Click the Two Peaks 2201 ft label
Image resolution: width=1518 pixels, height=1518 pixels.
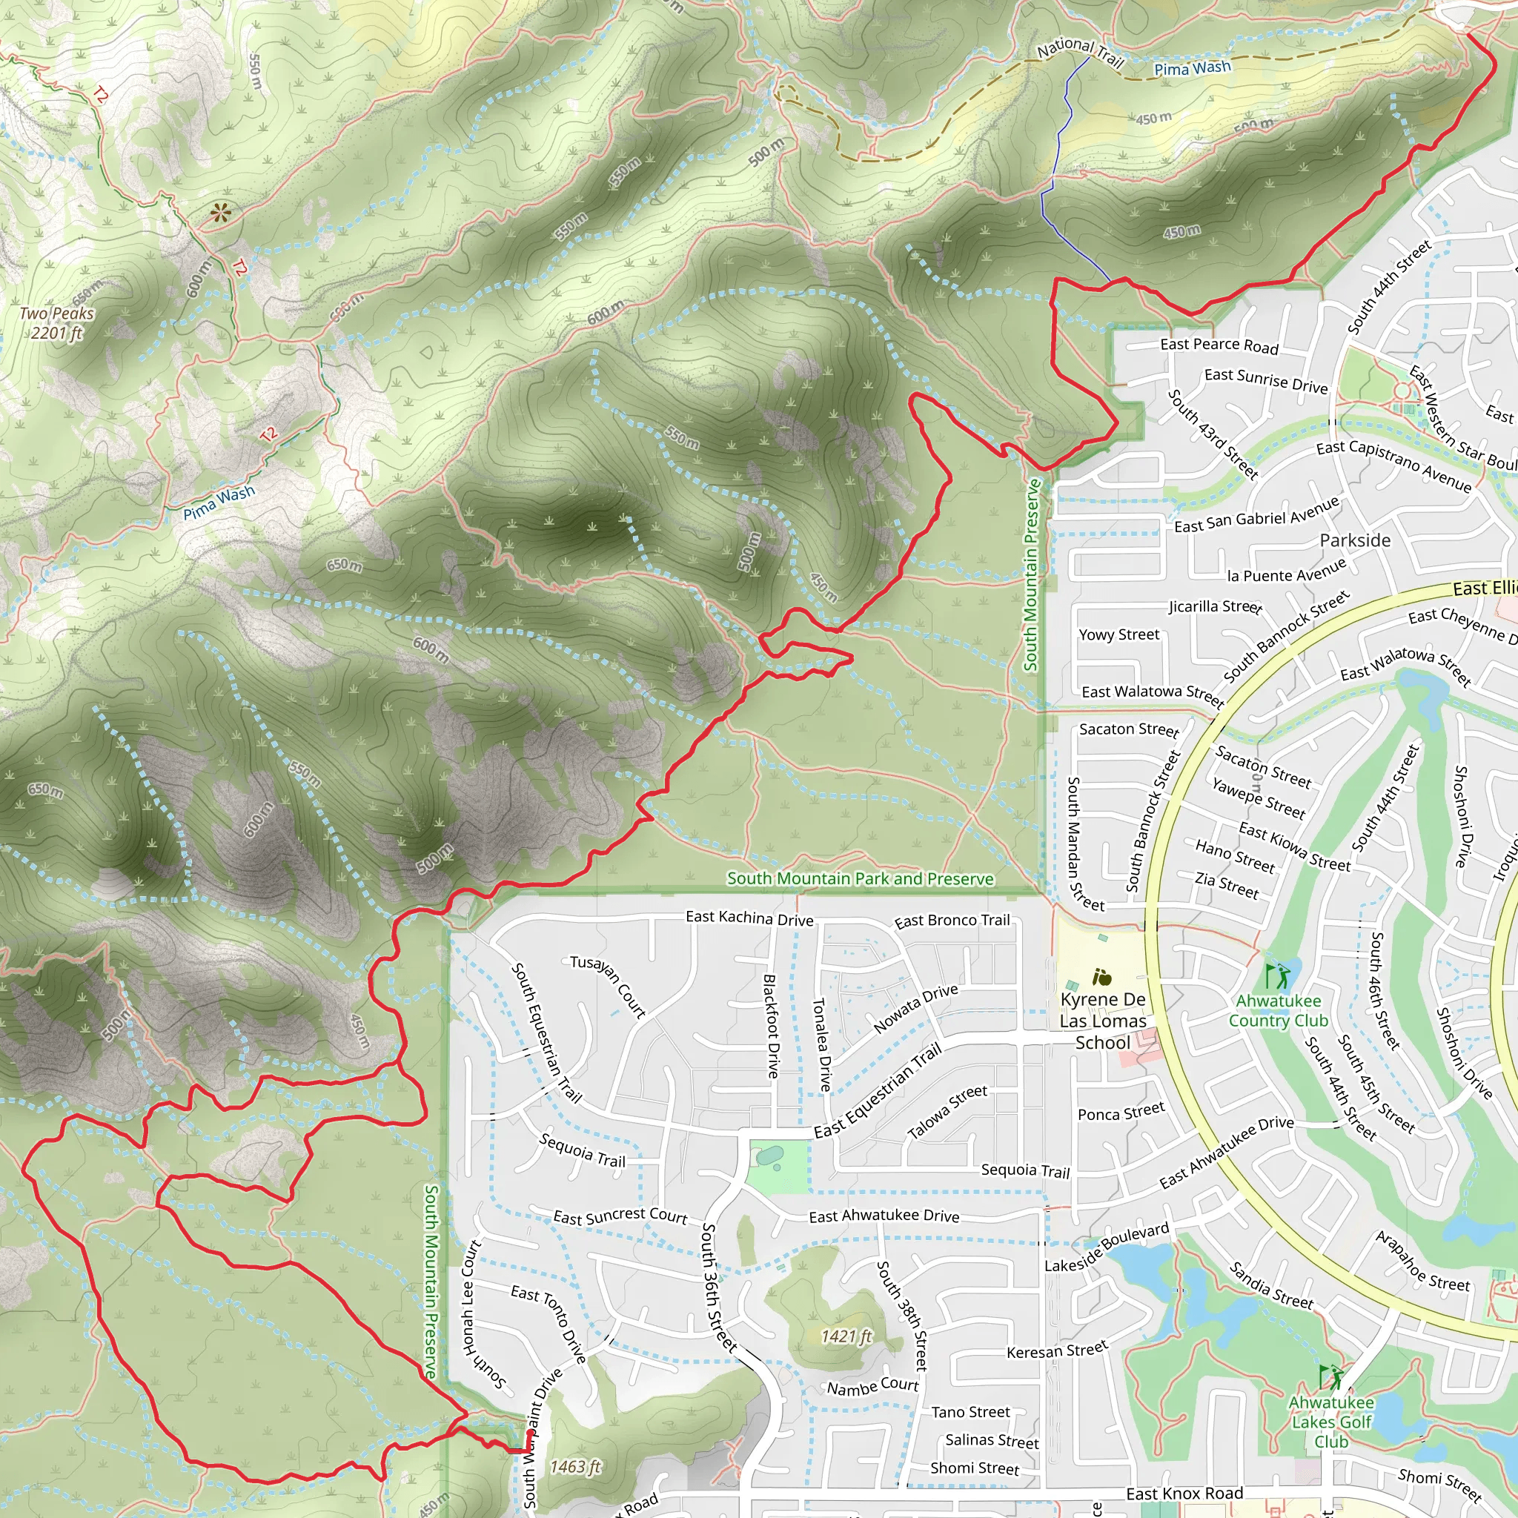(x=56, y=323)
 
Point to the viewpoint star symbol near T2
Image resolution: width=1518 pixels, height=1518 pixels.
(x=221, y=212)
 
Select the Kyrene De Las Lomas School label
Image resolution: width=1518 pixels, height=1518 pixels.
(x=1102, y=1021)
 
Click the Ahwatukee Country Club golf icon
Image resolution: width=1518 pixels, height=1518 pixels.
(x=1278, y=977)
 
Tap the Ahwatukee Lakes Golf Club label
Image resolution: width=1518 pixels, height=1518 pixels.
(x=1331, y=1422)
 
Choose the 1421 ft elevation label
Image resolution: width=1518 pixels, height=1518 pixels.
(x=846, y=1336)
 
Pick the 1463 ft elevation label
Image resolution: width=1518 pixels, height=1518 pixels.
(x=575, y=1467)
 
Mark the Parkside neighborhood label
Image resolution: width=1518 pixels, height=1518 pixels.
(x=1355, y=540)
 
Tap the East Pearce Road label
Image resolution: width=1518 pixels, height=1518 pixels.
(x=1219, y=345)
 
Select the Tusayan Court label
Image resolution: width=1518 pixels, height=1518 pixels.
(x=607, y=986)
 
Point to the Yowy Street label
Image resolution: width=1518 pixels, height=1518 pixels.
(x=1118, y=635)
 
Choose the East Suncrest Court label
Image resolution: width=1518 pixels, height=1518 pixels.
(x=620, y=1216)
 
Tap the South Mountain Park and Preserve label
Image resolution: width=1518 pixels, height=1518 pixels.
(x=860, y=878)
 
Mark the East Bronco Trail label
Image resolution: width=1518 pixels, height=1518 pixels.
(x=952, y=920)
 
